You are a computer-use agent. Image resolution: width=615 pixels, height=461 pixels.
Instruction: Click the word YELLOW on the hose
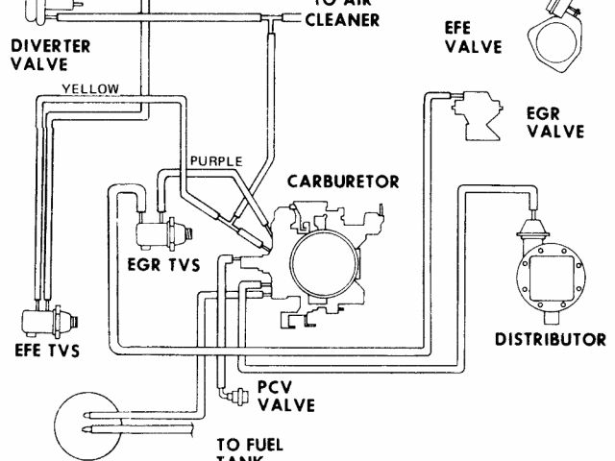(x=90, y=88)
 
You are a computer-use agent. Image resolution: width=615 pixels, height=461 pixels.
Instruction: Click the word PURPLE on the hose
(x=215, y=160)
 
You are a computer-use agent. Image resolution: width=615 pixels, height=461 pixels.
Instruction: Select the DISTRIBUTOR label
(x=550, y=339)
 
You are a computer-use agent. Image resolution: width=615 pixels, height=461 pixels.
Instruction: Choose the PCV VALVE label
(x=285, y=397)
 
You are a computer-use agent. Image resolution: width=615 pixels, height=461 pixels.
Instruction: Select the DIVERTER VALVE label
(x=51, y=55)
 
